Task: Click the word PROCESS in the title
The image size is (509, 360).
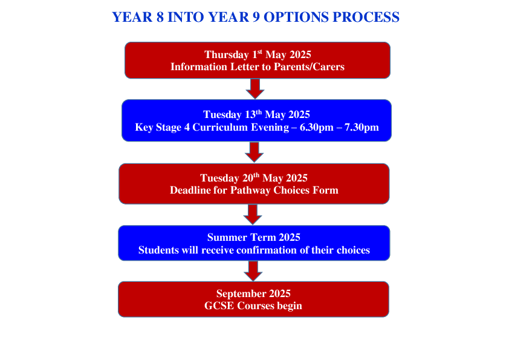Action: point(365,17)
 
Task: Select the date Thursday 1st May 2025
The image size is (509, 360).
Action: point(258,54)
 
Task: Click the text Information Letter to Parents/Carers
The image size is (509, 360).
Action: point(258,67)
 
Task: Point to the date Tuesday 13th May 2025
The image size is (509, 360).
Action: point(256,114)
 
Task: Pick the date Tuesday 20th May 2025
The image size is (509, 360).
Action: point(254,178)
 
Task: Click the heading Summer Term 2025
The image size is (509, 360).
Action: point(254,237)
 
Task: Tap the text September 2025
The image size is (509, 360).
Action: point(253,293)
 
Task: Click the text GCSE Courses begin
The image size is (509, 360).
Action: point(253,306)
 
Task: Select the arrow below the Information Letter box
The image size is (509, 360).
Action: point(255,89)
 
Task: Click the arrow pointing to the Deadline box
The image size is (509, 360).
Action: point(254,152)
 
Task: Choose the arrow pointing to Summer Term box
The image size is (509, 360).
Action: point(253,214)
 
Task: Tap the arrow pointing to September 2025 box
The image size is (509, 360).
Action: point(253,270)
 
